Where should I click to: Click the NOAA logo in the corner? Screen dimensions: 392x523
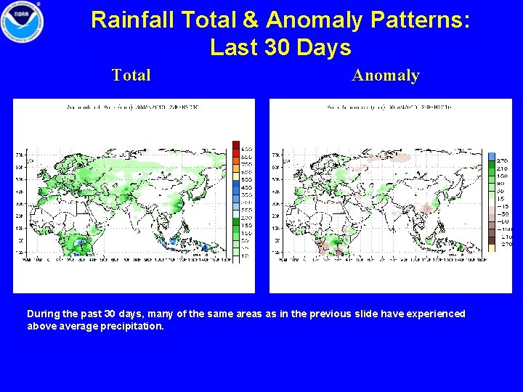pos(22,22)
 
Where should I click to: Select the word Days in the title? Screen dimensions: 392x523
pos(323,48)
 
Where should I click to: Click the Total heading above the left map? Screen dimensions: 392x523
pos(131,75)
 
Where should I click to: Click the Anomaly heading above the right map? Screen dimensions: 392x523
pos(386,75)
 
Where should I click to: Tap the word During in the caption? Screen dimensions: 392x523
pos(43,314)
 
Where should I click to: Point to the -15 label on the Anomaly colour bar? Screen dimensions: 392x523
pos(503,207)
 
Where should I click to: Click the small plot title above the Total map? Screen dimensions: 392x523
pos(134,107)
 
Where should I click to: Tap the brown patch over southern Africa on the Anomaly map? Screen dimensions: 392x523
pos(325,248)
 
